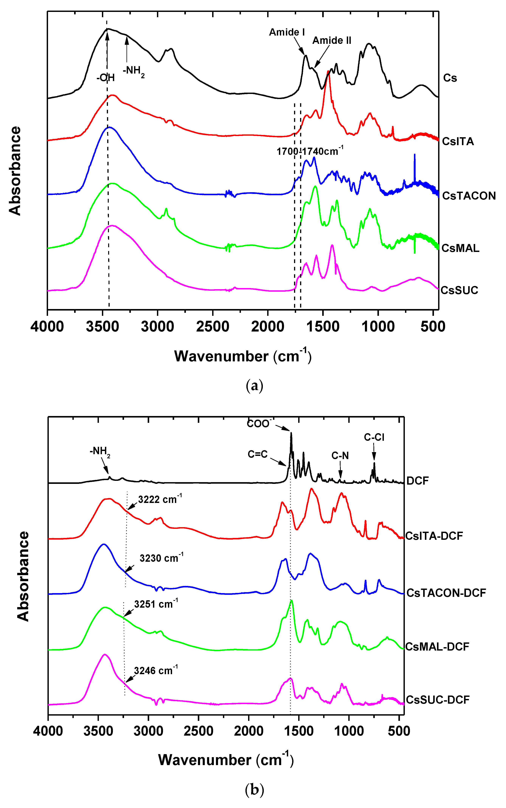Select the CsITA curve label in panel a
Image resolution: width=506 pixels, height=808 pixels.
458,141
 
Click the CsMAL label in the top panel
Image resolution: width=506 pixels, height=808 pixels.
460,248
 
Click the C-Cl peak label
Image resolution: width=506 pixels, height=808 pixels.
374,437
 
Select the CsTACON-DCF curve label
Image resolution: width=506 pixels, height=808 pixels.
446,593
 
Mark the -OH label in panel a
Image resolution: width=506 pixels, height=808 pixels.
106,78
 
